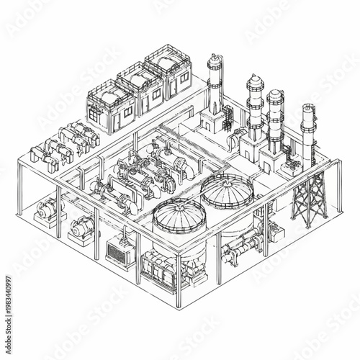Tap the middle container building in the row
click(140, 89)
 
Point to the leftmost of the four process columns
click(215, 90)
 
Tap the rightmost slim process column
click(307, 133)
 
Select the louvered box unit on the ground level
click(120, 251)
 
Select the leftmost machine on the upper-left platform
click(40, 154)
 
